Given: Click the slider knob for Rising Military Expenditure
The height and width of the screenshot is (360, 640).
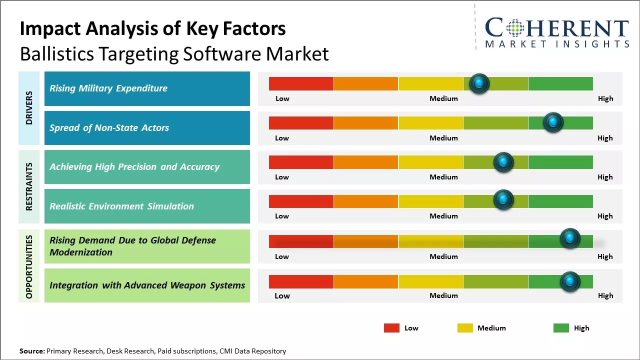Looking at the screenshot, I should (x=479, y=83).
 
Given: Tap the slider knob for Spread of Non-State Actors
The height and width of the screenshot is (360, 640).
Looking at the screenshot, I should (x=553, y=122).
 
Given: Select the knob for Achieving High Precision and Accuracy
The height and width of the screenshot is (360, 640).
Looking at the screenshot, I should (x=503, y=162).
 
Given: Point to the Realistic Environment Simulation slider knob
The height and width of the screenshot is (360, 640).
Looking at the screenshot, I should (x=503, y=200).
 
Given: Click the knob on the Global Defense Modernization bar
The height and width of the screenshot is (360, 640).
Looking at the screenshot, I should (x=569, y=238).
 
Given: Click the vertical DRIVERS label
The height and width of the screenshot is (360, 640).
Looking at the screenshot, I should (x=29, y=107).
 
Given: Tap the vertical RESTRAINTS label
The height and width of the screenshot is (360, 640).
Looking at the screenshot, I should (x=29, y=186).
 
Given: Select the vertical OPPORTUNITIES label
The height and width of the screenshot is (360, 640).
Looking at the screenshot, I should (x=29, y=266).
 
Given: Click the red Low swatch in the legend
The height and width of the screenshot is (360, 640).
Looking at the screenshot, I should (x=391, y=328).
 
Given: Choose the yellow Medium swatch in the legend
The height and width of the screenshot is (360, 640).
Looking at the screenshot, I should (x=465, y=328).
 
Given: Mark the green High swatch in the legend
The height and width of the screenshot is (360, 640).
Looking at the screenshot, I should (x=561, y=328).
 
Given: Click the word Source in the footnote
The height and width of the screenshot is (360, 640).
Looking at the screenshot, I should (x=31, y=351).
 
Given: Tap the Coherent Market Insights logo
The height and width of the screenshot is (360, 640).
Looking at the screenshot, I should (x=556, y=32).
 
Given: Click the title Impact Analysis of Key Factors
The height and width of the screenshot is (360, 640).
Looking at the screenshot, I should (x=152, y=28).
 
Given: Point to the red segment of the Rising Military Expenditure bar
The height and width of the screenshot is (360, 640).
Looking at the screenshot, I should (x=301, y=83).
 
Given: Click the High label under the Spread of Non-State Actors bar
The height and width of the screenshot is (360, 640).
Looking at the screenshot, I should (x=605, y=138).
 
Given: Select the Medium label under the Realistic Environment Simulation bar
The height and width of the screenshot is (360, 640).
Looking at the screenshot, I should (x=443, y=216).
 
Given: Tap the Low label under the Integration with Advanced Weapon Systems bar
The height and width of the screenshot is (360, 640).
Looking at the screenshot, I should (x=282, y=295).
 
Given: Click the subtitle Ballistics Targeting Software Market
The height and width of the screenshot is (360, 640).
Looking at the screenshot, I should (x=174, y=54).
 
